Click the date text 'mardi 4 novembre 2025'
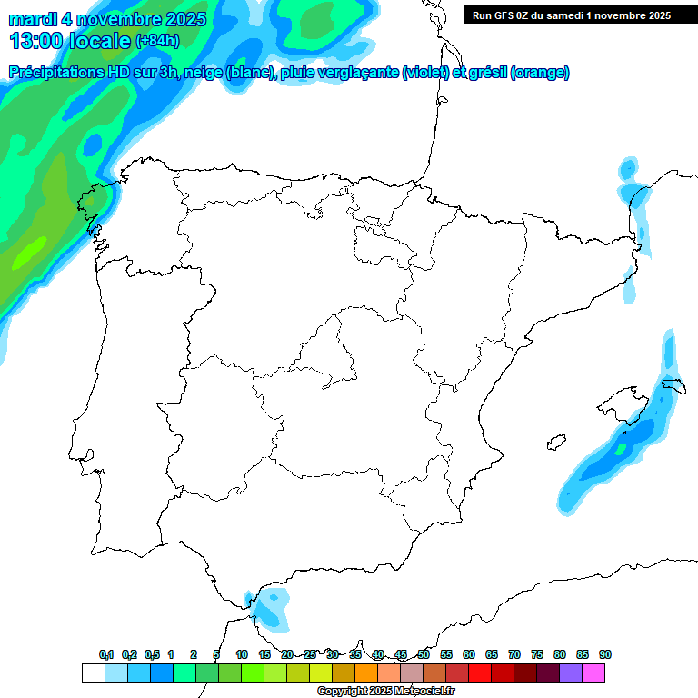tap(107, 19)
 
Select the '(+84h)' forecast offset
tap(158, 41)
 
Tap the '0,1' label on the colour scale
tap(106, 655)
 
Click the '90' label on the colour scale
tap(605, 655)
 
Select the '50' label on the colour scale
tap(424, 655)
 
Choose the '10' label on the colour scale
tap(242, 655)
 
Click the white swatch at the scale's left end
tap(93, 673)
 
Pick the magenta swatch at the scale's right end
tap(593, 673)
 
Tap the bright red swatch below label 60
tap(479, 673)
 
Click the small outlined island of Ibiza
tap(553, 444)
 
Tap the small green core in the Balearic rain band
tap(621, 448)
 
